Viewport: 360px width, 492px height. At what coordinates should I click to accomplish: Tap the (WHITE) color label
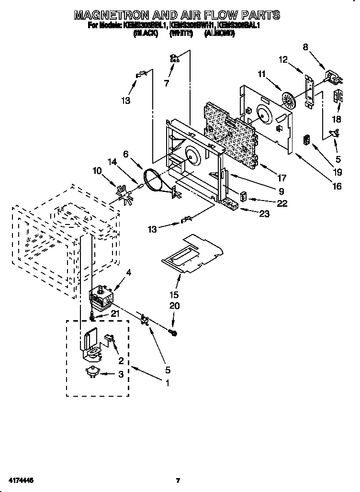pos(180,34)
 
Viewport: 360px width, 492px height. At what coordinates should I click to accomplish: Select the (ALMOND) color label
pos(220,34)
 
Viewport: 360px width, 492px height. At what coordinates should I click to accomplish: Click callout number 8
pos(305,47)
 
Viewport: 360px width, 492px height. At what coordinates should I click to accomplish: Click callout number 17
pos(281,178)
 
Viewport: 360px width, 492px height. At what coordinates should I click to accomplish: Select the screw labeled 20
pos(174,332)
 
